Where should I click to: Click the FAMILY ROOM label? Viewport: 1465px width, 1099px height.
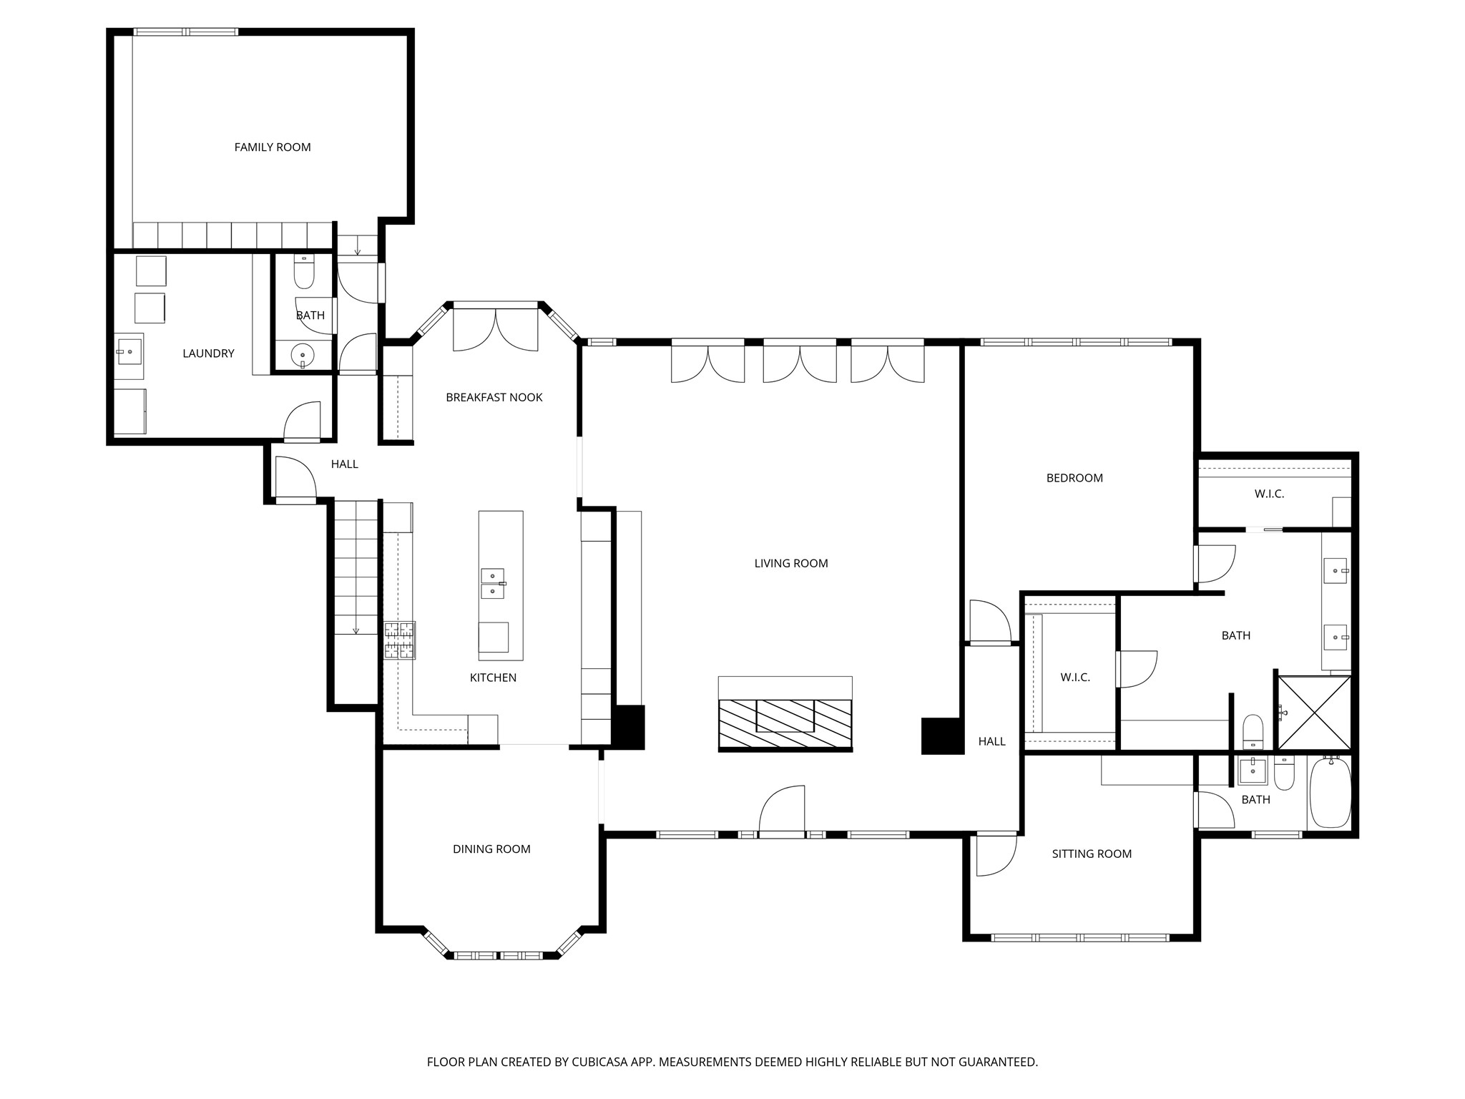pos(273,147)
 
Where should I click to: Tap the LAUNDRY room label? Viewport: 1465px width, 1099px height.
pos(208,353)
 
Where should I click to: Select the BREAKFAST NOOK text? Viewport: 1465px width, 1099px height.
pos(494,398)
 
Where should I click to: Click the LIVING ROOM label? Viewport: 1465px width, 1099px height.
pos(790,564)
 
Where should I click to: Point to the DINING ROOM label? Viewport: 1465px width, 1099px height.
pos(491,849)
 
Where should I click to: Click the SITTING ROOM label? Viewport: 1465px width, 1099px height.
pos(1091,854)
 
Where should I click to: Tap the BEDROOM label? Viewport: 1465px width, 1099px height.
pos(1074,478)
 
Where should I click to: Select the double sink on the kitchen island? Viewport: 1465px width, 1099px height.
pos(492,584)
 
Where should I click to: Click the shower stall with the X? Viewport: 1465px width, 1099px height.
pos(1314,713)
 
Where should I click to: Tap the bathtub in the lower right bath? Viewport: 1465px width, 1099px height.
pos(1329,793)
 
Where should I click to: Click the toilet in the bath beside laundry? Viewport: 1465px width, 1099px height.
pos(304,274)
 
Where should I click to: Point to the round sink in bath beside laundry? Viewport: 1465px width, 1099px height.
pos(303,355)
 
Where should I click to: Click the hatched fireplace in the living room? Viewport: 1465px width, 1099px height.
pos(785,723)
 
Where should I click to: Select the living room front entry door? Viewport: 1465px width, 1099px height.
pos(782,812)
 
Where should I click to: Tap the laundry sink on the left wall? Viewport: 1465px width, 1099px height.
pos(129,352)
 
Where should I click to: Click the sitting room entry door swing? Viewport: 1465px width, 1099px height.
pos(994,855)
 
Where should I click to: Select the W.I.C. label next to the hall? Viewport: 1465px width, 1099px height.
pos(1074,678)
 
